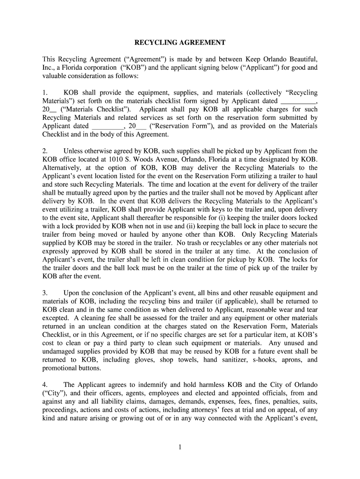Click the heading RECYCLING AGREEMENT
tap(180, 43)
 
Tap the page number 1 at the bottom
tap(180, 447)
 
